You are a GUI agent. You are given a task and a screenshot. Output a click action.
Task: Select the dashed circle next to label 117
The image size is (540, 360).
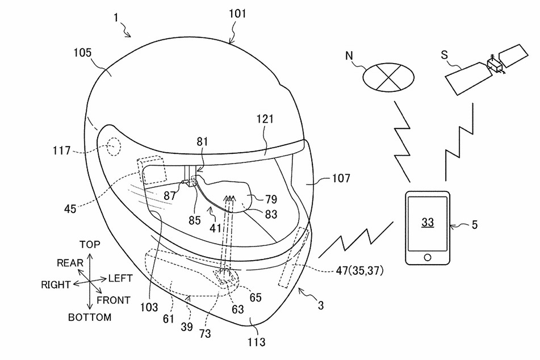(x=113, y=148)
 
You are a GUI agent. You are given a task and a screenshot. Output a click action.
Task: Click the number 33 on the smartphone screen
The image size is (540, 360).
(x=428, y=223)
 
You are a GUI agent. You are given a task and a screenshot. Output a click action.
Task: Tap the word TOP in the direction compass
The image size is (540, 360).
(x=90, y=245)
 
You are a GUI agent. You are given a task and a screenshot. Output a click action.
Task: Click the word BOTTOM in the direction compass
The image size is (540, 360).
(x=90, y=317)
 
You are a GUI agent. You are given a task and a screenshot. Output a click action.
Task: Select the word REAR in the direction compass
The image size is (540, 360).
(x=70, y=262)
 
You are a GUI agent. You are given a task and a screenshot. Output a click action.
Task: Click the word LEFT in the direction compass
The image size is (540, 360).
(x=120, y=279)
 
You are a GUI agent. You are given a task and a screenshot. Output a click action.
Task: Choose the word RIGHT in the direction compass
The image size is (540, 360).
(x=56, y=284)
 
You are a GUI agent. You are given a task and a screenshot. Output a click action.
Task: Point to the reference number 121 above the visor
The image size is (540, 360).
(x=264, y=119)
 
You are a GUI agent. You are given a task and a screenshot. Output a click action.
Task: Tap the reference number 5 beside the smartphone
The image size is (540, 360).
(x=474, y=224)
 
